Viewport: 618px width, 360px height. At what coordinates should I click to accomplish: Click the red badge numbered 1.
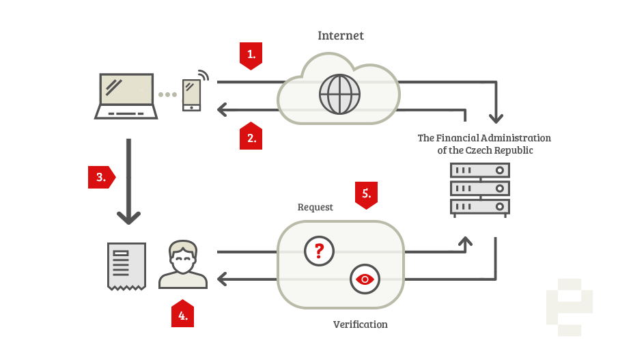[251, 55]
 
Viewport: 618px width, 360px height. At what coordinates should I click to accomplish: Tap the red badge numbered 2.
[251, 137]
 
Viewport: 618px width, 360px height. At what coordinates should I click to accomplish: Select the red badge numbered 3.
[101, 177]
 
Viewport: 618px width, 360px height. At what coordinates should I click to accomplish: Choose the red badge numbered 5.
[366, 194]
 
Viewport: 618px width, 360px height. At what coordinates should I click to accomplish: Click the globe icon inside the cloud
[339, 94]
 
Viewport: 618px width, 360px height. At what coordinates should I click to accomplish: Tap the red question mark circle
[319, 251]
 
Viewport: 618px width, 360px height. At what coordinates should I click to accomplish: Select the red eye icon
[365, 279]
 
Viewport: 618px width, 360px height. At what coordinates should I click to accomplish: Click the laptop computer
[126, 96]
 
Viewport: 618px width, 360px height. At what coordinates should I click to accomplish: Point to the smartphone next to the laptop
[191, 94]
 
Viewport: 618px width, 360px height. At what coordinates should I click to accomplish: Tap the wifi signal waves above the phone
[203, 74]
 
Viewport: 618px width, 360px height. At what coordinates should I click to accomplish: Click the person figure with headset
[183, 265]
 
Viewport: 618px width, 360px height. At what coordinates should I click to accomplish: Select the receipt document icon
[126, 266]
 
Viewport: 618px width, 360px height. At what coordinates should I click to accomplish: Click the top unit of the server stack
[479, 170]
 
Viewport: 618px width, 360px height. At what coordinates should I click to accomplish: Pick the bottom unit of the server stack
[479, 206]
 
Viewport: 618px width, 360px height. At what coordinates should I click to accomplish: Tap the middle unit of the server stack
[479, 188]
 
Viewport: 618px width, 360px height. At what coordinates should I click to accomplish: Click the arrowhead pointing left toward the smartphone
[222, 109]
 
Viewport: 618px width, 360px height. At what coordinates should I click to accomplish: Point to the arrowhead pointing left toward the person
[222, 279]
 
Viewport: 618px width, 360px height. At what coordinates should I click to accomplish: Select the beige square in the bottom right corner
[570, 307]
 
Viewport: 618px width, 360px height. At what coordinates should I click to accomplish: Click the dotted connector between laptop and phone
[168, 94]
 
